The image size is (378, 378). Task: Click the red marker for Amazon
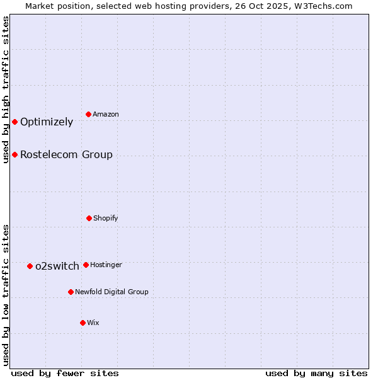89,114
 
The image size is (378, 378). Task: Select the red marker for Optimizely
14,122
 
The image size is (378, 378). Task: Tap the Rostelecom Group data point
14,154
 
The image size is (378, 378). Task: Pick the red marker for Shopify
89,218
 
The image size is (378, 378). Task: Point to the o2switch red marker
30,266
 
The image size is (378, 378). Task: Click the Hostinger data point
86,265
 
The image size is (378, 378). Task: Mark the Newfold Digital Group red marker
71,292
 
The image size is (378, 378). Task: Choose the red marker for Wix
83,323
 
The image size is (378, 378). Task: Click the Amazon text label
106,114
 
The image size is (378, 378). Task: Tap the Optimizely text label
47,122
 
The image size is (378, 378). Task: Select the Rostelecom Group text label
66,154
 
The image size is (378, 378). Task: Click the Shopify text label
106,218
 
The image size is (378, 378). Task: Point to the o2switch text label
57,266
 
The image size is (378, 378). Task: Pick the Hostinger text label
106,265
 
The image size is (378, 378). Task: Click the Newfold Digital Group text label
112,292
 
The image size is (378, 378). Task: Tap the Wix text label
93,323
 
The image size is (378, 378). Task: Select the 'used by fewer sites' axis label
65,373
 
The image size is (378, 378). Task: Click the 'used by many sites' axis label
316,373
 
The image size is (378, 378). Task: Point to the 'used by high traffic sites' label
6,89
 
